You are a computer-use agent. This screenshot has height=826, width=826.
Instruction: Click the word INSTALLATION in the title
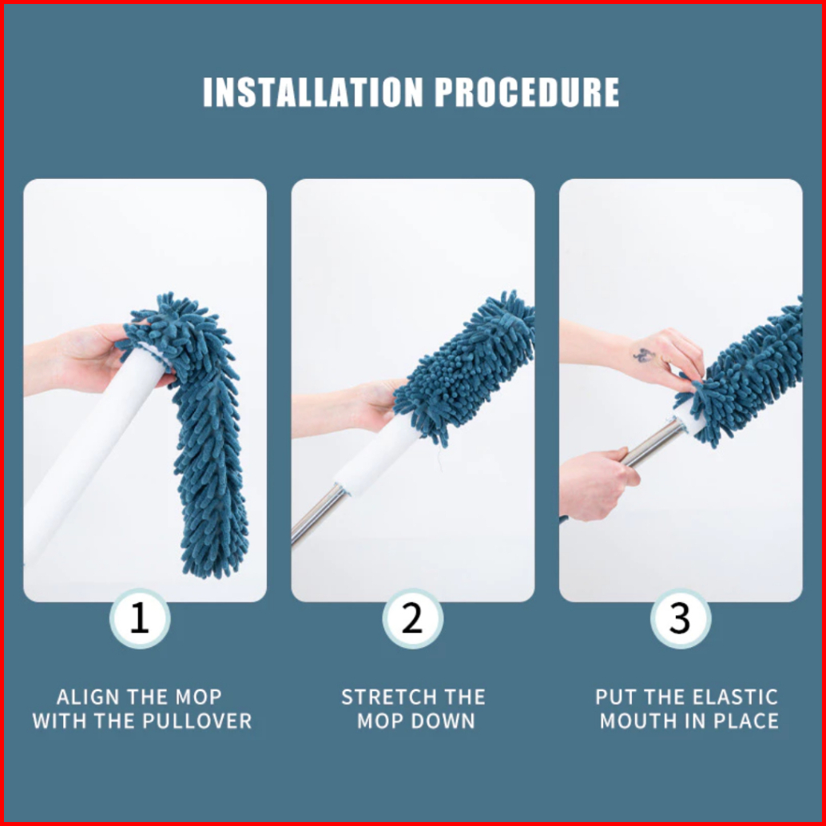(313, 92)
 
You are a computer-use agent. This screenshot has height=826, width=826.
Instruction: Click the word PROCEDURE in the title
(526, 92)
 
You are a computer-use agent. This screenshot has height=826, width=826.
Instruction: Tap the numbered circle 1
(140, 618)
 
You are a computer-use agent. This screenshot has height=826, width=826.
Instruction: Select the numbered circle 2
(412, 618)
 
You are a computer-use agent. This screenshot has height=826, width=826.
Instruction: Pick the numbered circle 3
(680, 618)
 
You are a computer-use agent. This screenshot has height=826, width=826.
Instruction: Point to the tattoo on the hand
(643, 355)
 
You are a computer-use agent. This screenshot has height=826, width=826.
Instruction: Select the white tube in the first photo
(89, 453)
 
